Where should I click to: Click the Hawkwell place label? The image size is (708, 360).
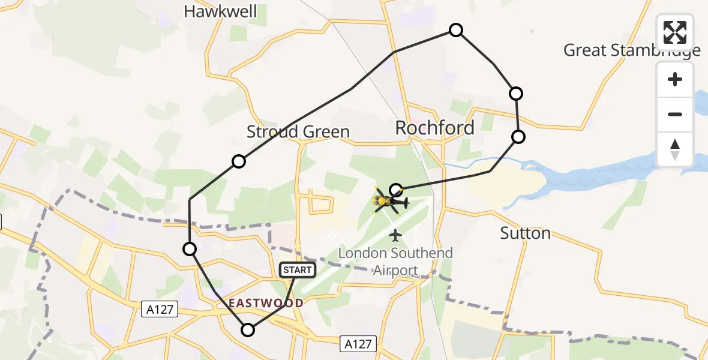point(220,11)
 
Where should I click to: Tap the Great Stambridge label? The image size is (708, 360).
point(632,50)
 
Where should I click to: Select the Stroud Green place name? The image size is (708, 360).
point(298,132)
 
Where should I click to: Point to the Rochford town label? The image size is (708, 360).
point(434,128)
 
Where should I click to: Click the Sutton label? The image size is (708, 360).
point(526,233)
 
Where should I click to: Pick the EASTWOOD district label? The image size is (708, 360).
point(266,304)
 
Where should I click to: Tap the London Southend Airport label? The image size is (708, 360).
point(395,261)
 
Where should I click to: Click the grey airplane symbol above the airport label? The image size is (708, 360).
point(395,235)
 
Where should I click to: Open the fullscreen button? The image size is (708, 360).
point(675,32)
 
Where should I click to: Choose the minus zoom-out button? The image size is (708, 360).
point(675,114)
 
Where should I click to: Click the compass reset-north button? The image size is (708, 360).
point(675,149)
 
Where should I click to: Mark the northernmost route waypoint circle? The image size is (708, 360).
point(456,30)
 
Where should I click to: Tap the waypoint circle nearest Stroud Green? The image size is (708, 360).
point(239,161)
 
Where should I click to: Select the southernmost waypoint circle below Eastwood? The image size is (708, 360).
point(248,329)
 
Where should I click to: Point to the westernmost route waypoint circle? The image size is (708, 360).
point(190,249)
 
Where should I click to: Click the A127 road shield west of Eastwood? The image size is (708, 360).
point(158,310)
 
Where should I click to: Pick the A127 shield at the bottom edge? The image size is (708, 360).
point(358,344)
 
